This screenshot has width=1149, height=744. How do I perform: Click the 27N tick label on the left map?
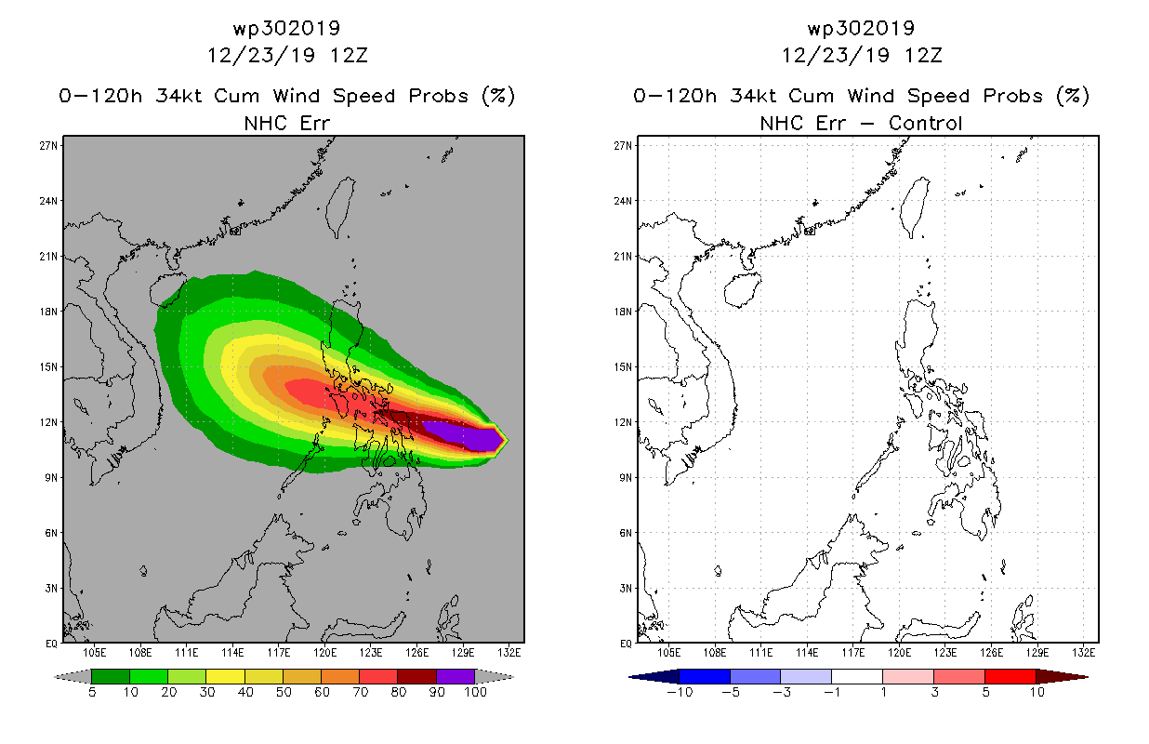point(48,146)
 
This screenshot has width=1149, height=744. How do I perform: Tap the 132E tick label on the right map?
point(1083,653)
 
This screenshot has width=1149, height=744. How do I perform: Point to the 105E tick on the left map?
point(95,653)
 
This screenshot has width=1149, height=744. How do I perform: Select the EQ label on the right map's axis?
point(626,644)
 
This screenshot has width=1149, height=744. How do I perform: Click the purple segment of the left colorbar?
point(456,676)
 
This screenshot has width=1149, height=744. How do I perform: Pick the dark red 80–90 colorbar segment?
point(417,676)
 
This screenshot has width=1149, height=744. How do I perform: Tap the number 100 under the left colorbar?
point(475,692)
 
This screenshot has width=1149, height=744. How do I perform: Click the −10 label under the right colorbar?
point(680,692)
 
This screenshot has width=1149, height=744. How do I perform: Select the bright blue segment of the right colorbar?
point(705,676)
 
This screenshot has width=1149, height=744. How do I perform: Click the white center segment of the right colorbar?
point(857,676)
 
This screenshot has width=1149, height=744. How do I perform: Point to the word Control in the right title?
point(925,124)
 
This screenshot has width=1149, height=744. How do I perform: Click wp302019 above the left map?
point(286,28)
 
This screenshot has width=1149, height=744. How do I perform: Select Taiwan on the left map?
point(340,206)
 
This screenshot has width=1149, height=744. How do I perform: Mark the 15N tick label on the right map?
point(623,366)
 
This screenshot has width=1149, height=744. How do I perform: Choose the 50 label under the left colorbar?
point(284,692)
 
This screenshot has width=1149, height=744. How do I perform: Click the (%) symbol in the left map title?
point(498,96)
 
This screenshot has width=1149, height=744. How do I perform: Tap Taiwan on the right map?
point(915,206)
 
